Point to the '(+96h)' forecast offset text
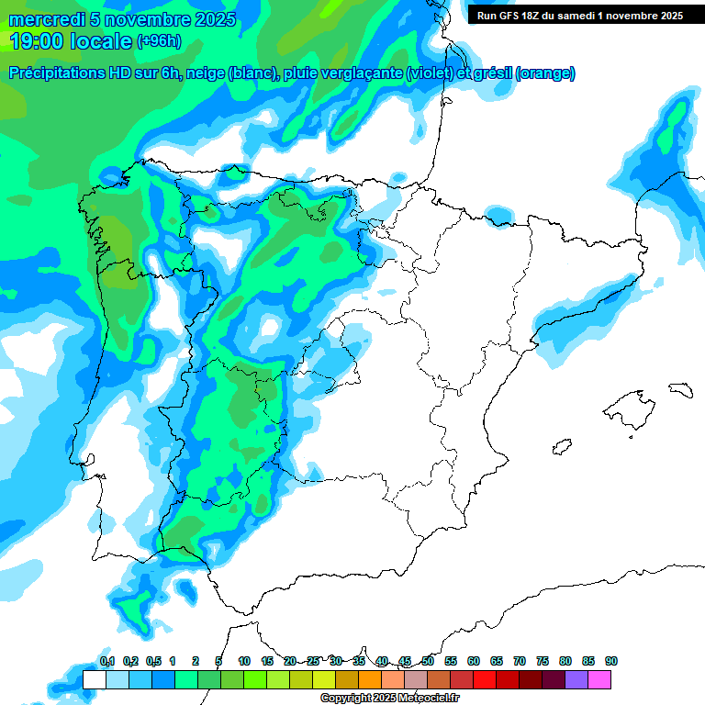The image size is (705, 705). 159,40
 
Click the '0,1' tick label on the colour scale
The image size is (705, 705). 106,662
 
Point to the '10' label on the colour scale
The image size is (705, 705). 244,662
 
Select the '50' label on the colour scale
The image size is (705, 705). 428,662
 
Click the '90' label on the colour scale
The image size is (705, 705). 611,662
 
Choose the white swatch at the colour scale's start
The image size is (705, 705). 94,679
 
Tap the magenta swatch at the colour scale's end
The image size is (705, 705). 599,679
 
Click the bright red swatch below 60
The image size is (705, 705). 485,679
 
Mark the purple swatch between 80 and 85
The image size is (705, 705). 576,679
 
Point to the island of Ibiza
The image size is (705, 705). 563,447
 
